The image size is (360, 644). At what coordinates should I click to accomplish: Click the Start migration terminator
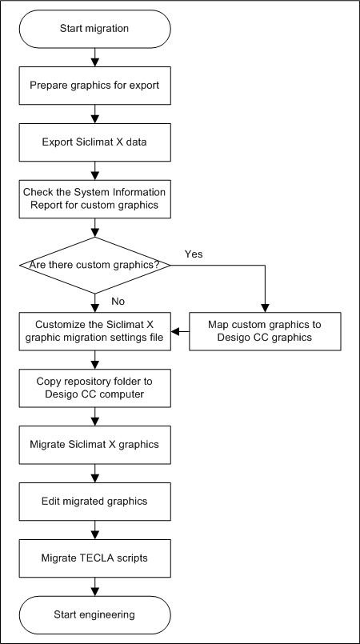tap(95, 29)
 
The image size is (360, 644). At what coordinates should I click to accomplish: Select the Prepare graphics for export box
tap(95, 86)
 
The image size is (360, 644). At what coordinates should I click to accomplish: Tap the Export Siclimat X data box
tap(95, 142)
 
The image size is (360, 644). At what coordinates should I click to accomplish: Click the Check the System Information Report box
tap(95, 198)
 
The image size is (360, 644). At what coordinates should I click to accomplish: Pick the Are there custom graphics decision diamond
tap(95, 266)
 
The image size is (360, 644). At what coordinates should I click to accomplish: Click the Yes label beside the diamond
tap(194, 254)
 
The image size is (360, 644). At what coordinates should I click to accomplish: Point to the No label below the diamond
tap(118, 302)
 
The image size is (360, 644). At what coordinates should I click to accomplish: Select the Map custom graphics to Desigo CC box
tap(265, 331)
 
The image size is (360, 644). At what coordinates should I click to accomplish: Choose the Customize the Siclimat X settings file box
tap(95, 331)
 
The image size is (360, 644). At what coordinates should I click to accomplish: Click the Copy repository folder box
tap(95, 388)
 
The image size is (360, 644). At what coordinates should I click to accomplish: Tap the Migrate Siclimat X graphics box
tap(95, 445)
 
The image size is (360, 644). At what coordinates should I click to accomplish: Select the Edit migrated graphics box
tap(95, 502)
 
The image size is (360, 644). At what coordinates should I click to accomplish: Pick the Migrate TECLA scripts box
tap(95, 558)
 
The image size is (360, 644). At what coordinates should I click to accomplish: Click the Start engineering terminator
tap(95, 615)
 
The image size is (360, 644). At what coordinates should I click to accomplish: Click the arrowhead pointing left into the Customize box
tap(175, 331)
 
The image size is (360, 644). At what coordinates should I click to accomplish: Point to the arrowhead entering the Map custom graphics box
tap(265, 309)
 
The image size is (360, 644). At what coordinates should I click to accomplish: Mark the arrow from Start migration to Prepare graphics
tap(95, 58)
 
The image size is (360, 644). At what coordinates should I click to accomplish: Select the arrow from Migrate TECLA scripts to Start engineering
tap(95, 587)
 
